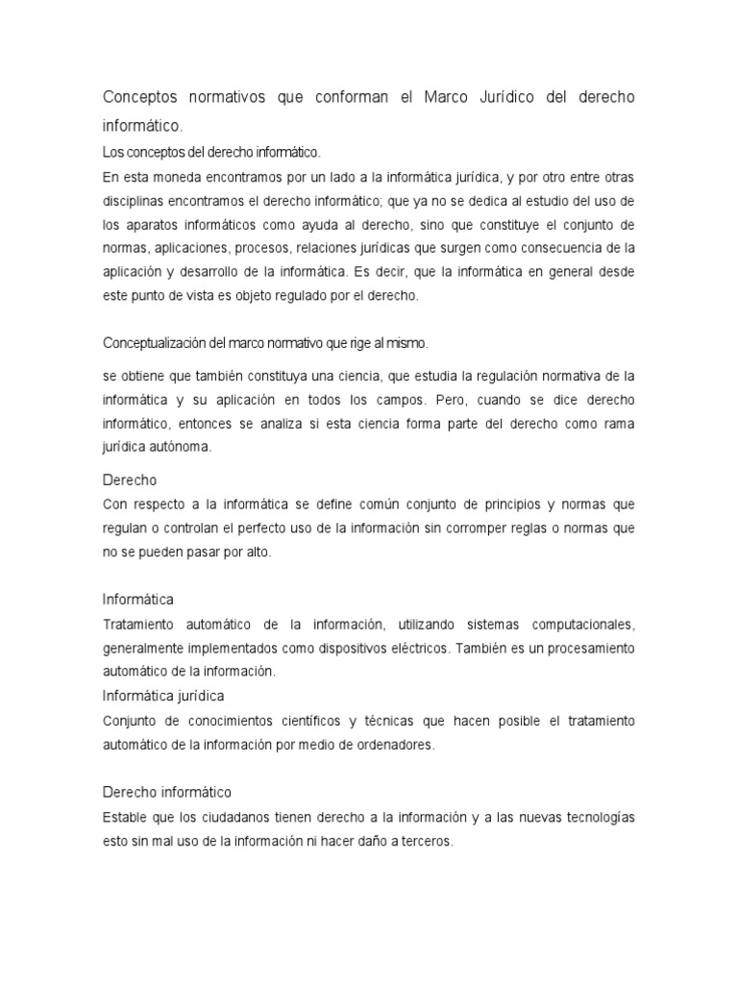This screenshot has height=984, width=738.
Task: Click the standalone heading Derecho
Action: coord(129,480)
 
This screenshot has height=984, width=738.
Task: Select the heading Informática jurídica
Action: coord(162,695)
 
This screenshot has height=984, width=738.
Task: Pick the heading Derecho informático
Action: coord(167,792)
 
